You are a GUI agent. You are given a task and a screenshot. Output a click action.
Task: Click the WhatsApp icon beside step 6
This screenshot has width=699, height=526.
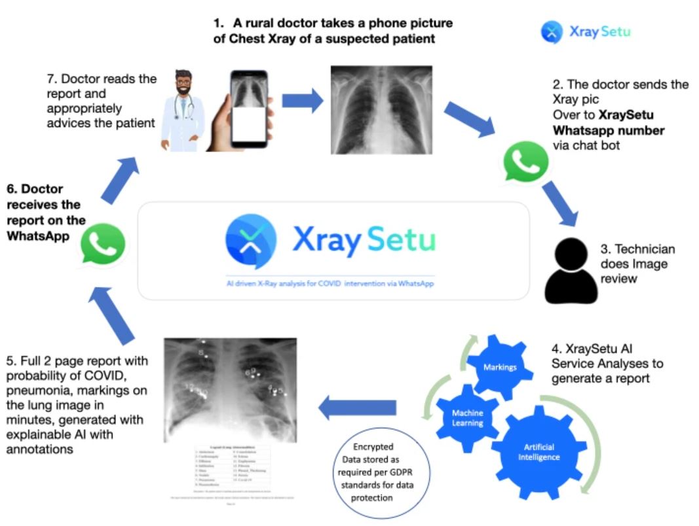(102, 243)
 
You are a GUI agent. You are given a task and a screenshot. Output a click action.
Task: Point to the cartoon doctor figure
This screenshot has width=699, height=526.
(184, 112)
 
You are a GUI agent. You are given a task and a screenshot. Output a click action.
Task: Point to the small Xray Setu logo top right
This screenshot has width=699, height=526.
(585, 31)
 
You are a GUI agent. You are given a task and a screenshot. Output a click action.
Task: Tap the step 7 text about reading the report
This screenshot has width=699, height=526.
(102, 100)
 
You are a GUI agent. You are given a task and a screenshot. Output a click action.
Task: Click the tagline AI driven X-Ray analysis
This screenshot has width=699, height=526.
(327, 283)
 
